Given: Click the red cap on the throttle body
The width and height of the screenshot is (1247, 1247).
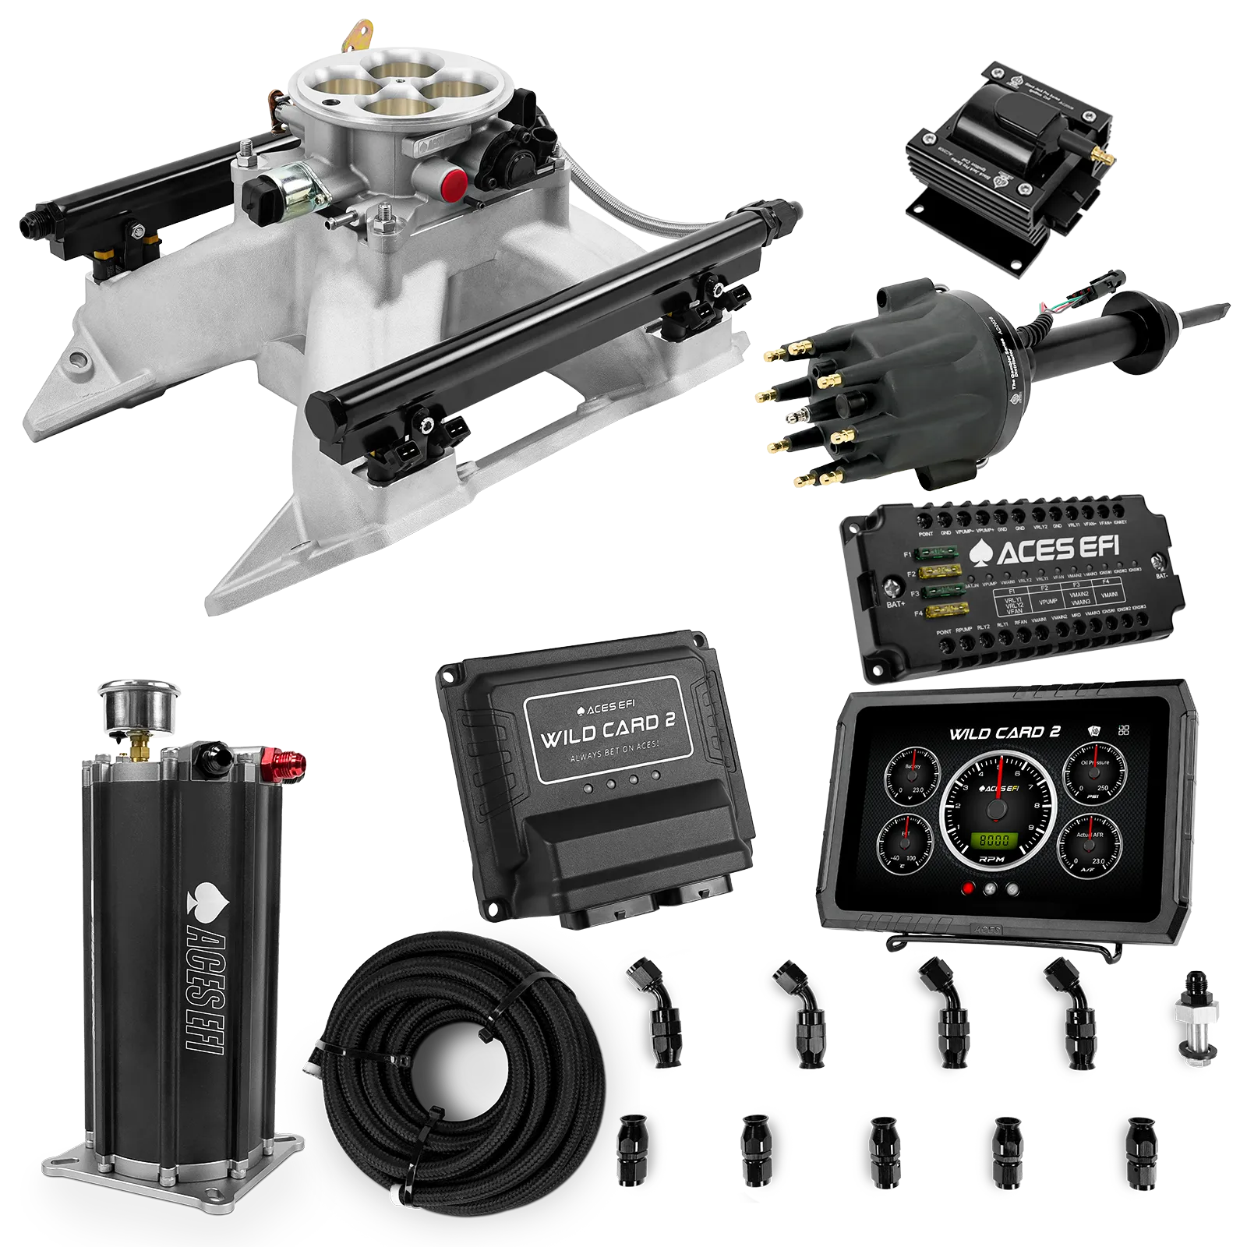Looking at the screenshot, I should click(x=454, y=182).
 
